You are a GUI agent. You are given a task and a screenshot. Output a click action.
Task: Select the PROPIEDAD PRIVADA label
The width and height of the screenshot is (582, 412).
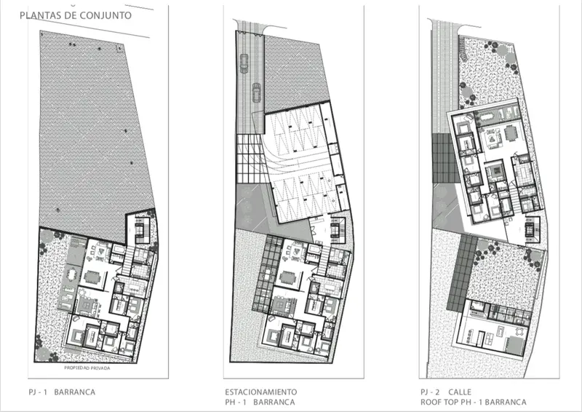pyautogui.click(x=87, y=368)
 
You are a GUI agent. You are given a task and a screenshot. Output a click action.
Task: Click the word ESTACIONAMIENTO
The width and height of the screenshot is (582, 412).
pyautogui.click(x=261, y=392)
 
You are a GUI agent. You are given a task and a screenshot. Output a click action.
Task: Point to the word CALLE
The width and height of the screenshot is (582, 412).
pyautogui.click(x=460, y=392)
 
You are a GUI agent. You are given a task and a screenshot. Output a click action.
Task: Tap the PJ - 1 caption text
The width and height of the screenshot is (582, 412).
pyautogui.click(x=38, y=392)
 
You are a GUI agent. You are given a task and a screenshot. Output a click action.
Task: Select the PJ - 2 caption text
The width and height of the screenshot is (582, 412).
pyautogui.click(x=430, y=392)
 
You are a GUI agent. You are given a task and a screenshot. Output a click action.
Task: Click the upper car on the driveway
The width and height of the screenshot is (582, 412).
pyautogui.click(x=244, y=63)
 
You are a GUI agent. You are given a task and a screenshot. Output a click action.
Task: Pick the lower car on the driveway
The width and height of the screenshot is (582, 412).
pyautogui.click(x=257, y=92)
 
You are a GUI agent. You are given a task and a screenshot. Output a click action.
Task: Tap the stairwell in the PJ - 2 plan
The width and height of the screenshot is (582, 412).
pyautogui.click(x=533, y=230)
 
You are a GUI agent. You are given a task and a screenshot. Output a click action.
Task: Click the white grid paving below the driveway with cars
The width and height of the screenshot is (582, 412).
pyautogui.click(x=252, y=159)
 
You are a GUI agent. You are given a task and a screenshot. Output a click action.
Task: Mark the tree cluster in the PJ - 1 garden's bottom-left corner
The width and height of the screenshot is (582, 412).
pyautogui.click(x=44, y=349)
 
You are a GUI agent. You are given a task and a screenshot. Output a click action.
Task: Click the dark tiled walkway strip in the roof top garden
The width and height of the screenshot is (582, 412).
pyautogui.click(x=462, y=273)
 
